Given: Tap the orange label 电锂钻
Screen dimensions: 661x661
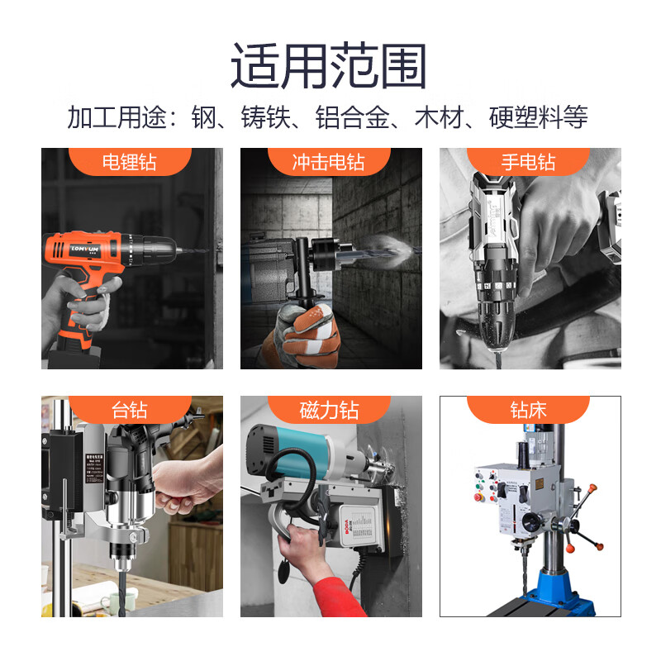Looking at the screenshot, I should click(x=130, y=161).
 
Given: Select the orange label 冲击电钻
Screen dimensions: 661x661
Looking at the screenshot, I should click(x=328, y=161).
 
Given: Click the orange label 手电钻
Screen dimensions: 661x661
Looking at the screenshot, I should click(x=528, y=161).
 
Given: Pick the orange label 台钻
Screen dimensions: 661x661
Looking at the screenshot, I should click(x=130, y=409).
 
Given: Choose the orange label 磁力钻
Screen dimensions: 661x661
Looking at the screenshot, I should click(x=328, y=409).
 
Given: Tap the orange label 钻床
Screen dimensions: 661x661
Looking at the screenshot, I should click(x=528, y=409).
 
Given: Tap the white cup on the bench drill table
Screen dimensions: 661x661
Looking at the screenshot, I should click(x=110, y=600).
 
